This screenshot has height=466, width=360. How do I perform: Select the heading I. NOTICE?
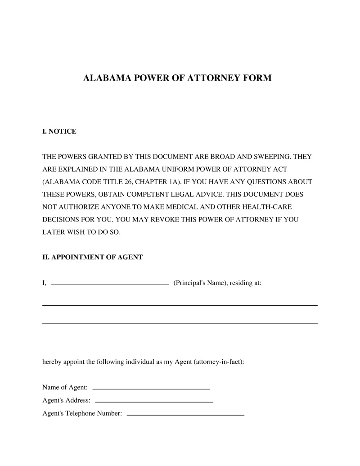coord(59,131)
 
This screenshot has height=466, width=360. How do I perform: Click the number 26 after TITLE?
coord(129,182)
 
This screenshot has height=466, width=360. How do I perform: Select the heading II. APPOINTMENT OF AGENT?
coord(92,257)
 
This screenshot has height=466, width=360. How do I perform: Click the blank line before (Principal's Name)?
coord(110,285)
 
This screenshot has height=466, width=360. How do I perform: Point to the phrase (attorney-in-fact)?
coord(218,362)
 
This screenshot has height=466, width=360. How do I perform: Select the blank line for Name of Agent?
coord(151,388)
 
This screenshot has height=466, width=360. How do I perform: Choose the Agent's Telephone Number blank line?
coord(185,414)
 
